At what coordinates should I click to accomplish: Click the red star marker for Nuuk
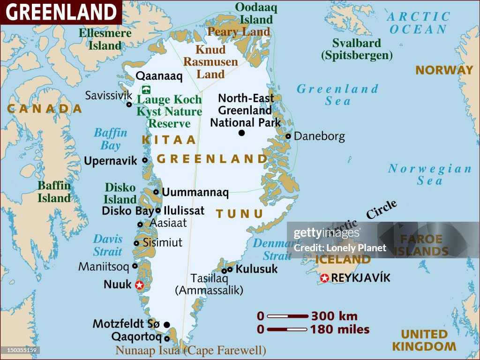pyautogui.click(x=139, y=285)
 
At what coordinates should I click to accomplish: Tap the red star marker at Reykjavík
pyautogui.click(x=324, y=278)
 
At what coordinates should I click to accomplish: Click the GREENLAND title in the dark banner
pyautogui.click(x=61, y=13)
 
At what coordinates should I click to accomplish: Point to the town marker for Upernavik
pyautogui.click(x=145, y=160)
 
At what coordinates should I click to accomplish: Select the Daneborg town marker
pyautogui.click(x=288, y=136)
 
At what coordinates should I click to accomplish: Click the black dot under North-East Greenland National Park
pyautogui.click(x=242, y=133)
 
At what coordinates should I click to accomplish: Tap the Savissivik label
pyautogui.click(x=109, y=96)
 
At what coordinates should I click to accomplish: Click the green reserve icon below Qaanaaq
pyautogui.click(x=146, y=90)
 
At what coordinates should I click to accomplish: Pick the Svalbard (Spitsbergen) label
pyautogui.click(x=356, y=49)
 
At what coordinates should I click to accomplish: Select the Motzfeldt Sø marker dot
pyautogui.click(x=166, y=324)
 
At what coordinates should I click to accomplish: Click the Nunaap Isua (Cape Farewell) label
pyautogui.click(x=191, y=350)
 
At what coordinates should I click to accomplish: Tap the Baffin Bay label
pyautogui.click(x=111, y=139)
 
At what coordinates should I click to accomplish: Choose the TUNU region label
pyautogui.click(x=240, y=214)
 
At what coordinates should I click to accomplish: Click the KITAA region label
pyautogui.click(x=168, y=140)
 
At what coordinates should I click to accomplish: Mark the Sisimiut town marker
pyautogui.click(x=136, y=243)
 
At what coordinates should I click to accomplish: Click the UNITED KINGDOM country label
pyautogui.click(x=424, y=340)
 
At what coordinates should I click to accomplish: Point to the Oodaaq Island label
pyautogui.click(x=256, y=13)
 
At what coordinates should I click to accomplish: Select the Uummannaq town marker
pyautogui.click(x=156, y=192)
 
